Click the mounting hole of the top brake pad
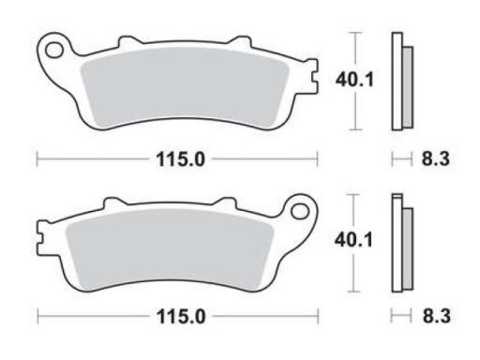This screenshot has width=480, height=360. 54,50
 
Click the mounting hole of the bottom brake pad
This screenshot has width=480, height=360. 300,211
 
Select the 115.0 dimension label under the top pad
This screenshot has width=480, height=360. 180,159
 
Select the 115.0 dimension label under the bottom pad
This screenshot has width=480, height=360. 181,317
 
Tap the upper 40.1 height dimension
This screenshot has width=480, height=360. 354,80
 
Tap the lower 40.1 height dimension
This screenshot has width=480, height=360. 353,240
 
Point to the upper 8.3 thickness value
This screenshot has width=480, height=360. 436,158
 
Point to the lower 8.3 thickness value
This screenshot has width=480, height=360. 437,316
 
